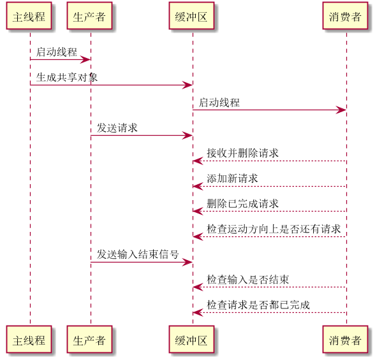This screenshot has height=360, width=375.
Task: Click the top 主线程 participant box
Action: point(29,16)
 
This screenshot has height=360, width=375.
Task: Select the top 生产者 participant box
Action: point(89,16)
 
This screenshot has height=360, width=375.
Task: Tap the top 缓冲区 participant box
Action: point(191,16)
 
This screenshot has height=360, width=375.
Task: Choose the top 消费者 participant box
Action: point(345,16)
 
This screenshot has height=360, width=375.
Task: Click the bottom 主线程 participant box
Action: point(29,339)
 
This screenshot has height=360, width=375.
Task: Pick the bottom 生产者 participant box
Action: point(89,339)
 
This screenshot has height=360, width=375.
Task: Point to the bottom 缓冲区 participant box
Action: point(191,339)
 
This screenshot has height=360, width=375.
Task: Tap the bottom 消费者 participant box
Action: point(345,339)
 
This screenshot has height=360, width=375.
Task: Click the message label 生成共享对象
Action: point(67,77)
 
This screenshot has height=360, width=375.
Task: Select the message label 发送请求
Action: point(117,128)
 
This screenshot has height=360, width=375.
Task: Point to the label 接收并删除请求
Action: point(243,153)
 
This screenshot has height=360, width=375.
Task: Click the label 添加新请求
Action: point(232,178)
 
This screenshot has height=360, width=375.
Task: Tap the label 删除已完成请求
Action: point(243,204)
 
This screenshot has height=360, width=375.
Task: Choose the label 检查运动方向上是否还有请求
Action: point(274,229)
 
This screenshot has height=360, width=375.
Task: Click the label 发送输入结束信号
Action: point(138,254)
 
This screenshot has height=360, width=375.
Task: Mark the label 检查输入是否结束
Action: point(248,280)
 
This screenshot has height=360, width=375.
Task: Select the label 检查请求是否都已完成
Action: point(258,305)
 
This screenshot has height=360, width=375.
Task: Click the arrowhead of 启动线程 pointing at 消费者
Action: point(341,110)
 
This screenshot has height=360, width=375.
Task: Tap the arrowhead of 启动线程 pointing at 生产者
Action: point(85,59)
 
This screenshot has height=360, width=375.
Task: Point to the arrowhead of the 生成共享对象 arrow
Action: point(187,85)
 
